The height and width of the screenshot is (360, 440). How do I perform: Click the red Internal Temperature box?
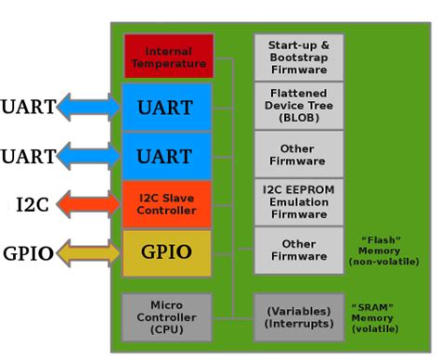168,57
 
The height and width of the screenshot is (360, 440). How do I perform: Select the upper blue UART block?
166,107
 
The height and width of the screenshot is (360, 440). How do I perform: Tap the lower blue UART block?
166,156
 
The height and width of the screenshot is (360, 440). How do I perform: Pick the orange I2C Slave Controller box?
166,204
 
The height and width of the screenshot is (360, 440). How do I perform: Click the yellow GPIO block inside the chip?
166,252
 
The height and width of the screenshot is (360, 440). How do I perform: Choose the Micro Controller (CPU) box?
166,317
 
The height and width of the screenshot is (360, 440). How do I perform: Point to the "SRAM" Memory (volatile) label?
373,317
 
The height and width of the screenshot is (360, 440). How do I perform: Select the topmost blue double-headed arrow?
89,107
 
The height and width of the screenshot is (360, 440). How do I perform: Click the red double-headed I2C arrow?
89,204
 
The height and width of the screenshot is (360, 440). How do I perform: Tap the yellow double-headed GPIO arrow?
89,252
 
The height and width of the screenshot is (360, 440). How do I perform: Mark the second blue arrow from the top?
89,156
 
